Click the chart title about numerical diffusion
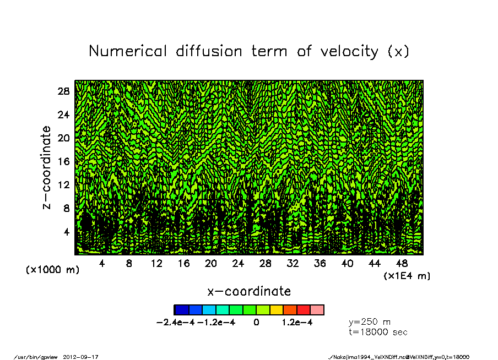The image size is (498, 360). (x=249, y=51)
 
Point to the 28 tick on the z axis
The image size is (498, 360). (x=63, y=91)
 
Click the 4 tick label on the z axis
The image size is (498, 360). (x=66, y=232)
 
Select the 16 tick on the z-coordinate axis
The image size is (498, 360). (x=63, y=161)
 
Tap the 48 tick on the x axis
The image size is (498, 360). (x=402, y=264)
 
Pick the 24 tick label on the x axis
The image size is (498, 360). (x=238, y=264)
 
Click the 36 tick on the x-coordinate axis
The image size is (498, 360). (x=320, y=264)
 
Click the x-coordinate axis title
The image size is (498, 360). (x=249, y=291)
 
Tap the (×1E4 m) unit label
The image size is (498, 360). (x=407, y=275)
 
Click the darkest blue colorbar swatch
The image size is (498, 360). (x=181, y=310)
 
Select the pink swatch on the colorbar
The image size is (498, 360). (x=317, y=310)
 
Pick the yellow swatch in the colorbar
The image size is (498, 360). (x=276, y=310)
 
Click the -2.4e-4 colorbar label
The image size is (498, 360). (x=176, y=323)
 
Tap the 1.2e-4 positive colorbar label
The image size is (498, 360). (x=297, y=323)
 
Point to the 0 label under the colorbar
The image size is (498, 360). (x=256, y=323)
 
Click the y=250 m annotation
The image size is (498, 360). (x=370, y=322)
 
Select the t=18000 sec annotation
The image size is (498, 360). (x=378, y=332)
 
